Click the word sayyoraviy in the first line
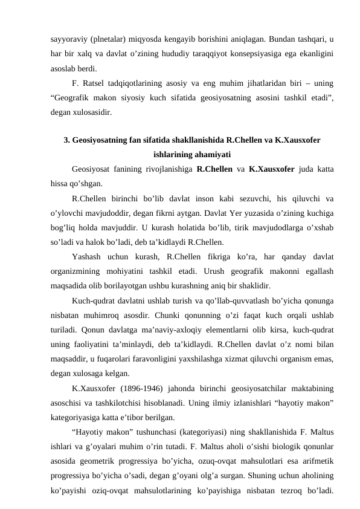[68, 39]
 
